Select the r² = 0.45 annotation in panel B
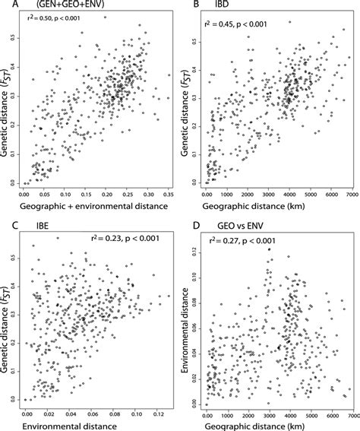(243, 24)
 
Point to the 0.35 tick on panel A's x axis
(168, 195)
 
